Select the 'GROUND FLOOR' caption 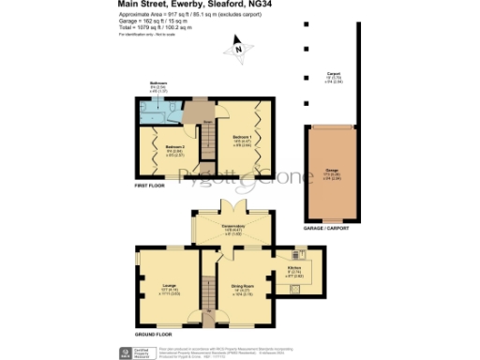pos(153,334)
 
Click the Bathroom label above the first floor pos(145,84)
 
